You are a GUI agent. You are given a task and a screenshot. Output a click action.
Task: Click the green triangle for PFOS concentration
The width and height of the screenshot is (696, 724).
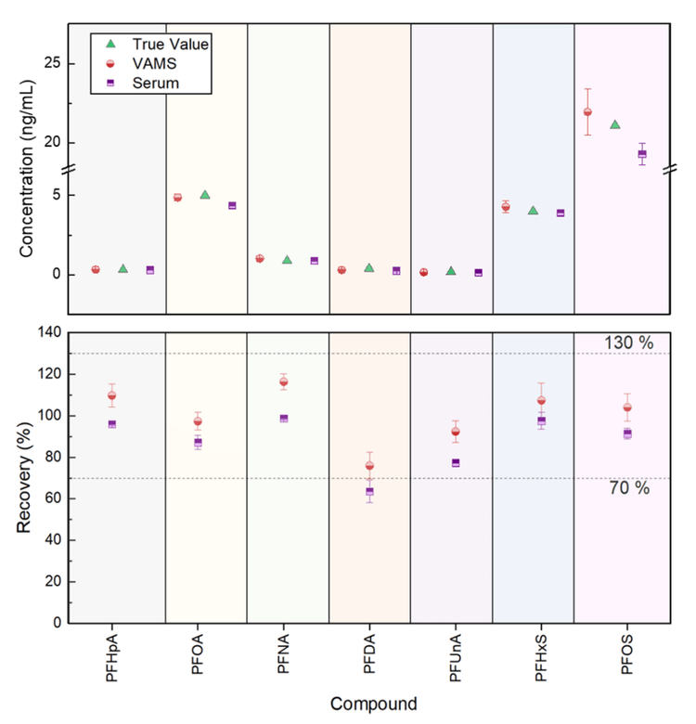click(614, 124)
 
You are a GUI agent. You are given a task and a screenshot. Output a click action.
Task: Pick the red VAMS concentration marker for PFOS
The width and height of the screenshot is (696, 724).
click(587, 112)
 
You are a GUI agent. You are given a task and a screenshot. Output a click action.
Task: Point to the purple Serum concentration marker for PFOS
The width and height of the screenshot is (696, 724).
click(642, 154)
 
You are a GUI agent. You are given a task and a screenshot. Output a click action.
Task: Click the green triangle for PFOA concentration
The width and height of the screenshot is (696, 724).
click(205, 195)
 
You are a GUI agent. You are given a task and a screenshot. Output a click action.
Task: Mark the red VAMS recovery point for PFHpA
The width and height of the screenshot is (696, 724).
click(111, 395)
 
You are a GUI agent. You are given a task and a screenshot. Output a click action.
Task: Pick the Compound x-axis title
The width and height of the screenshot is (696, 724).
click(372, 703)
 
